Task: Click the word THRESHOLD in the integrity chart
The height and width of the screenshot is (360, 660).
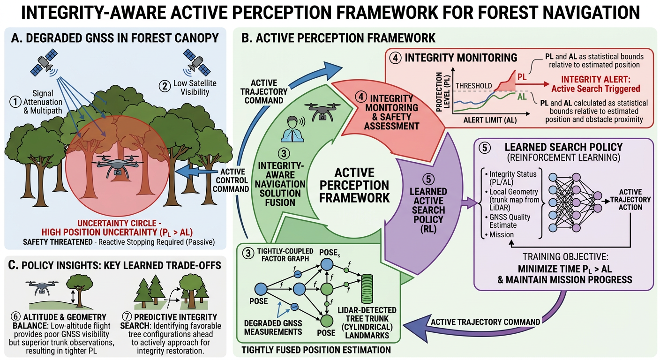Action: [x=473, y=86]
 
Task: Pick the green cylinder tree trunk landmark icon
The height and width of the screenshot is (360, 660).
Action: [x=369, y=289]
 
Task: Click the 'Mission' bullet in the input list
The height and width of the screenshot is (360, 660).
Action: [x=503, y=234]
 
